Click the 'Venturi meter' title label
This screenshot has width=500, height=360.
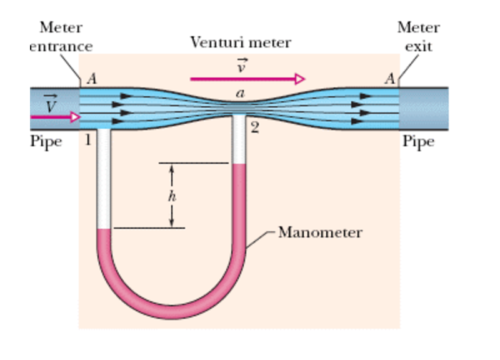click(x=240, y=43)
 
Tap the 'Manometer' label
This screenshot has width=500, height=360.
click(x=319, y=233)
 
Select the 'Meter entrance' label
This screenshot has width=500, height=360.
click(x=61, y=37)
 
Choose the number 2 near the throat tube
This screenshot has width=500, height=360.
click(x=254, y=129)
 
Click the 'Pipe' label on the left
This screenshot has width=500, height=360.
click(x=46, y=141)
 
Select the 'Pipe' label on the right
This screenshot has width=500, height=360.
click(x=418, y=141)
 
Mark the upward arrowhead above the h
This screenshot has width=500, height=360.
click(x=172, y=167)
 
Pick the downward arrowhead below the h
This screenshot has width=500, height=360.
click(x=172, y=224)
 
